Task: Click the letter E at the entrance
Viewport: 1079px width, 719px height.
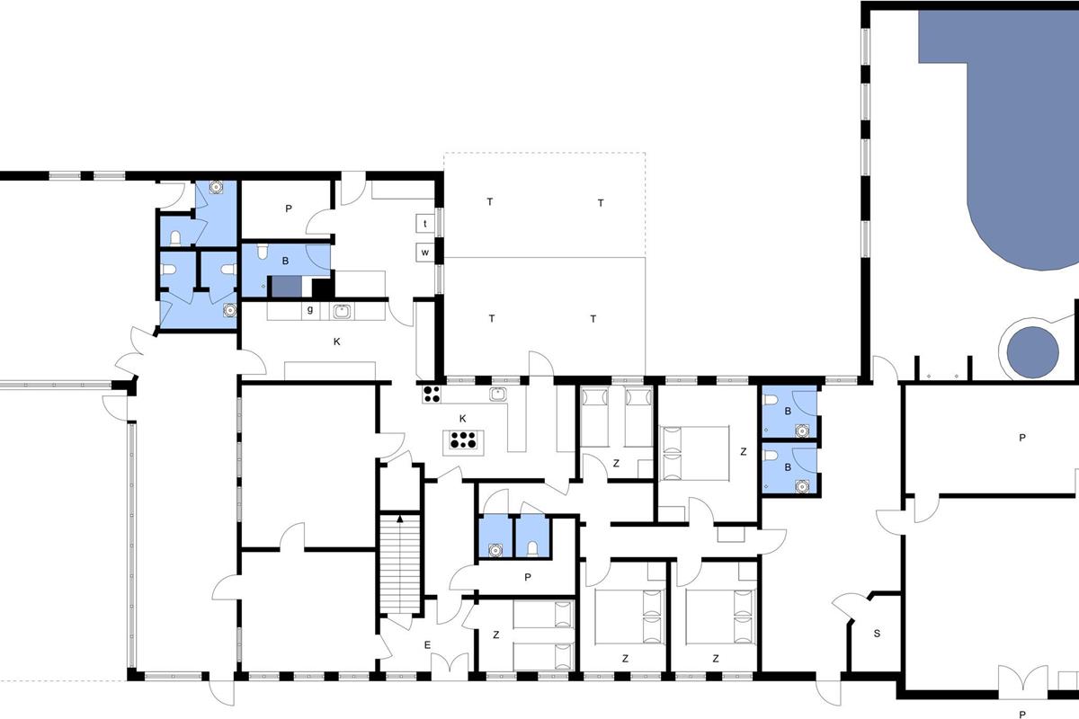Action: [x=427, y=644]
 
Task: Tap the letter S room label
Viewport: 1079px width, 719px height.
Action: [x=877, y=634]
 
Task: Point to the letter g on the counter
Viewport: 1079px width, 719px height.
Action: [x=309, y=310]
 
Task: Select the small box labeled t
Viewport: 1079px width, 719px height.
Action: [x=424, y=224]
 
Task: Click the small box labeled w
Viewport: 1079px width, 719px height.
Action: [x=424, y=253]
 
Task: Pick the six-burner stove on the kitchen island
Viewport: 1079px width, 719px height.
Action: [x=462, y=440]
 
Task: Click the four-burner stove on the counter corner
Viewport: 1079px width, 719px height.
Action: [x=432, y=395]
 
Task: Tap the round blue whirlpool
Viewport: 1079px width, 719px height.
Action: [x=1033, y=352]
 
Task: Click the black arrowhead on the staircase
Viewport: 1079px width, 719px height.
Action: [x=400, y=519]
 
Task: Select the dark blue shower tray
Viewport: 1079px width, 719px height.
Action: [x=287, y=287]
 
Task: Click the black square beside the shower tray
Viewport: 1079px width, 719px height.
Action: [x=323, y=288]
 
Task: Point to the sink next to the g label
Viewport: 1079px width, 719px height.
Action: [x=342, y=312]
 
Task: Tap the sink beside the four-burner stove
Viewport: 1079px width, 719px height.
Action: [x=497, y=394]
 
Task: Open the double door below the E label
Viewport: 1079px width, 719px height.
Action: [x=450, y=667]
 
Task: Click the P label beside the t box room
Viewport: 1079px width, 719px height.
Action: [x=289, y=209]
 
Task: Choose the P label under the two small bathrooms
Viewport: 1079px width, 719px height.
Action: [x=528, y=577]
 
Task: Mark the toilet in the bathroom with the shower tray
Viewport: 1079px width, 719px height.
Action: [x=262, y=252]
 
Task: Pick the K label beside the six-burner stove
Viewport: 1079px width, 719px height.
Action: [x=462, y=419]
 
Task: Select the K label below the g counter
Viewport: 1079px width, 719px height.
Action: [x=336, y=342]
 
